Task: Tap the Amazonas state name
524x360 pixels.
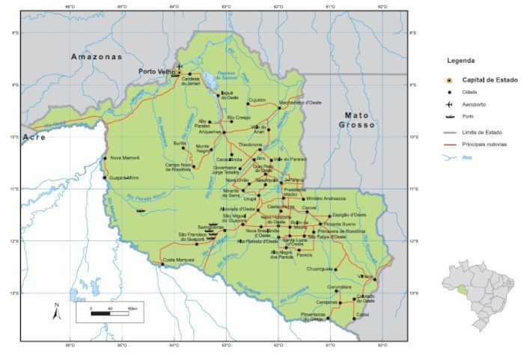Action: pos(95,57)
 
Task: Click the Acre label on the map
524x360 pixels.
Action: pos(34,138)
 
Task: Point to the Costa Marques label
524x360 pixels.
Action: pos(179,260)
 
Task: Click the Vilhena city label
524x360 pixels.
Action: pos(365,276)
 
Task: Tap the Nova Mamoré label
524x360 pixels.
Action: pos(125,158)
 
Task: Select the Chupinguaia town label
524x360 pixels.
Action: pos(320,268)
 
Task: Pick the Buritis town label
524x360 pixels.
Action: pos(180,142)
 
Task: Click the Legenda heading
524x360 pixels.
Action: pos(461,60)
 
